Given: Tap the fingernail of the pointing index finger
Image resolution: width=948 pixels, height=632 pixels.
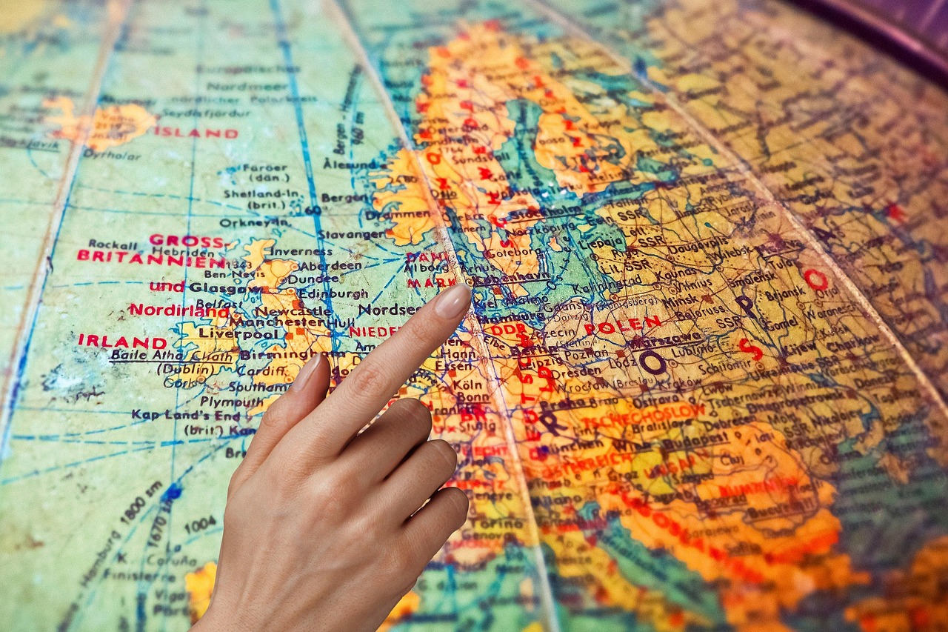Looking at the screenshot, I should coord(453,302).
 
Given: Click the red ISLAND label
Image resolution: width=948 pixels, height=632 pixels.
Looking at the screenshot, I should coord(196,133).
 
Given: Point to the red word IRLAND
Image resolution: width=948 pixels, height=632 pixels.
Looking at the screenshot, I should coord(122,342).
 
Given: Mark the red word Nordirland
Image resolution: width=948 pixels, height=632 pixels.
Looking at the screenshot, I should coord(178,310).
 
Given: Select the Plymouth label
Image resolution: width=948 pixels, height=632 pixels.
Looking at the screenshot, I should coord(210,402).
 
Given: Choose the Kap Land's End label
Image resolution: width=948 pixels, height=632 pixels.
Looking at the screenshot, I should coord(177,415).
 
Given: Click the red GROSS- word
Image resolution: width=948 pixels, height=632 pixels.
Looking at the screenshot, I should coord(186,241).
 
